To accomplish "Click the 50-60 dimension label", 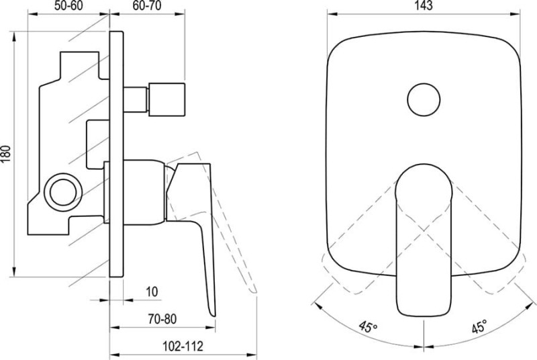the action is click(x=68, y=5).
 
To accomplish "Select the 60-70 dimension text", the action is click(x=147, y=5).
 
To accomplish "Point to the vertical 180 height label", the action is click(x=6, y=154).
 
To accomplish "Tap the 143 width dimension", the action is click(x=424, y=5).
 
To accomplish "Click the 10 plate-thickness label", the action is click(x=152, y=292).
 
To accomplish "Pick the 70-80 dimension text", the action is click(x=162, y=319).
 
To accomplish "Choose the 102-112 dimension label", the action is click(x=182, y=347).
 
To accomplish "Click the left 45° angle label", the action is click(x=368, y=327).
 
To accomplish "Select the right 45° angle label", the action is click(x=479, y=327).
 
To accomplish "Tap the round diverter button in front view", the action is click(x=424, y=99).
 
